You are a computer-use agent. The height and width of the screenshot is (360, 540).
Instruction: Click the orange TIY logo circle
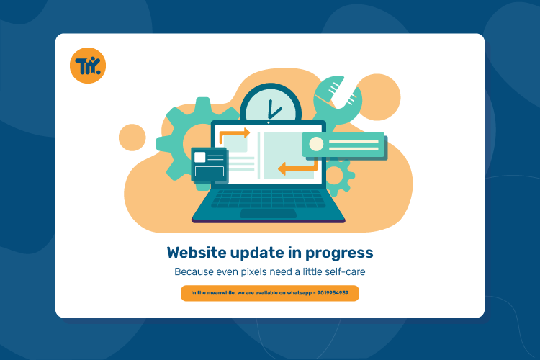88,66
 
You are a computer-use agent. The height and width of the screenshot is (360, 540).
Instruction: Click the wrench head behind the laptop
336,96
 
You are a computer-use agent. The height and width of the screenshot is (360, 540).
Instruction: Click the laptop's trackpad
268,213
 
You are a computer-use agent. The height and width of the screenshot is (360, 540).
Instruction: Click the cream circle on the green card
316,144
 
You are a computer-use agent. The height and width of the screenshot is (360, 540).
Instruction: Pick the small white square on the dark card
199,157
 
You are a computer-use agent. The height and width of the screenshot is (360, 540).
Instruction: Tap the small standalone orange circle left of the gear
132,138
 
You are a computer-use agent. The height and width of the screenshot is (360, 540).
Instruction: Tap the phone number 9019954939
333,293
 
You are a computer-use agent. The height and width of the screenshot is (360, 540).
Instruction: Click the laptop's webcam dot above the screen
269,122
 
